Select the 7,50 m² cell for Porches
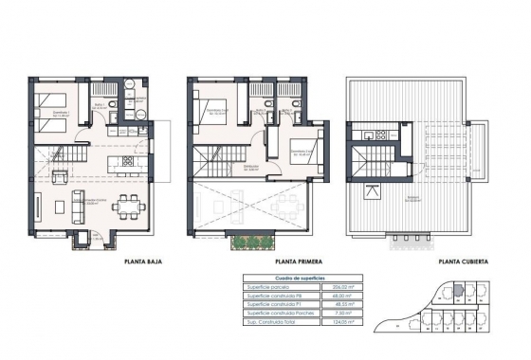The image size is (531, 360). click(338, 313)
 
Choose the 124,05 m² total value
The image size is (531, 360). click(338, 322)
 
